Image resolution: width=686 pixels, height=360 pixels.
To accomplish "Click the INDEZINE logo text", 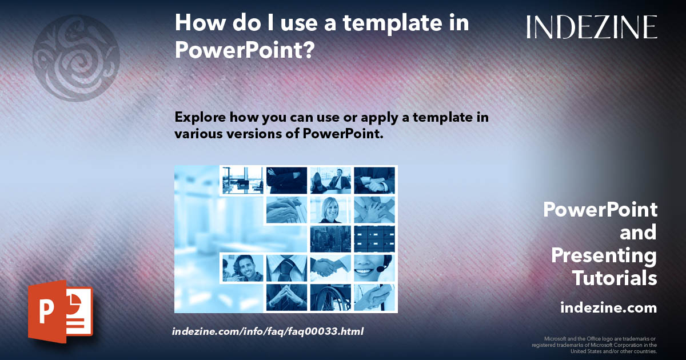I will tap(592, 27).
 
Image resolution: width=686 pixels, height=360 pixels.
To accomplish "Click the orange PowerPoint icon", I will tap(60, 311).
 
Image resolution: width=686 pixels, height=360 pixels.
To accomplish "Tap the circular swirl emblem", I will tap(76, 59).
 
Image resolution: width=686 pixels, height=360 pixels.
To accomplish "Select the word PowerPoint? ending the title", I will tap(245, 50).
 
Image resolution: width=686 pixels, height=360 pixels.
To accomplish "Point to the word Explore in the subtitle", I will tap(200, 117).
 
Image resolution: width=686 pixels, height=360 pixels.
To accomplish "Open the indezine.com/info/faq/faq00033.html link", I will tap(268, 331).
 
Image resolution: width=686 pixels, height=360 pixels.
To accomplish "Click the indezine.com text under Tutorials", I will tap(608, 308).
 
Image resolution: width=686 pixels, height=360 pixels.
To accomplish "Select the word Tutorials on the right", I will tap(615, 278).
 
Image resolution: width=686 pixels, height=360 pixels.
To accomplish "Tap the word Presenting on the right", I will tap(604, 255).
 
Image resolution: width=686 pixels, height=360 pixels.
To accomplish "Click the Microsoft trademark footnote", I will tap(594, 345).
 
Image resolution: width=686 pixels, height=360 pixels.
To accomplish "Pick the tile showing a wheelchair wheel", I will tap(330, 298).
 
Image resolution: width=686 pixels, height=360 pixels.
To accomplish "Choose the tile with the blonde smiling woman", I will tap(330, 210).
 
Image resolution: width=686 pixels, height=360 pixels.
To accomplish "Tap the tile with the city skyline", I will tap(330, 239).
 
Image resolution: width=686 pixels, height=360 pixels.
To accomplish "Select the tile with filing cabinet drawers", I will tap(374, 239).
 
